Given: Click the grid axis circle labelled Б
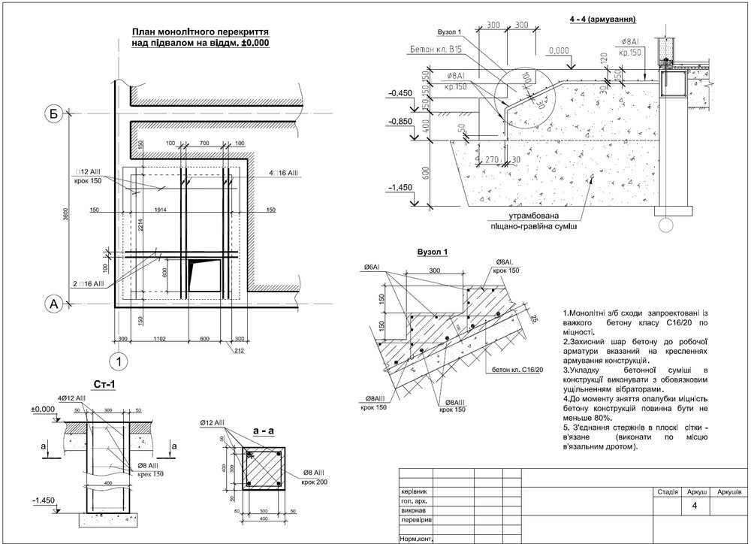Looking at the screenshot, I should [x=53, y=114].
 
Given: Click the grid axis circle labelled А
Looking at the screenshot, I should [x=53, y=304].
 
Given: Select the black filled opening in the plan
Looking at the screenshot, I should [x=204, y=274].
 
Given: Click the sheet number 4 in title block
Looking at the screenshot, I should [x=695, y=505].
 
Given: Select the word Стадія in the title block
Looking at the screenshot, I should [x=668, y=491].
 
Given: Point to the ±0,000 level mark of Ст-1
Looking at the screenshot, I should [x=46, y=409].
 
